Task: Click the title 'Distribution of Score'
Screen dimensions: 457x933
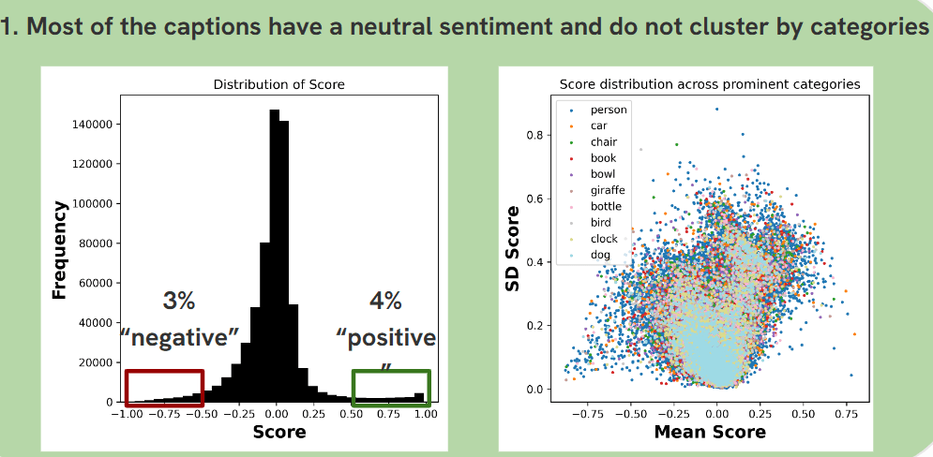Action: tap(279, 84)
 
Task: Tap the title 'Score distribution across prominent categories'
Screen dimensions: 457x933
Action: tap(709, 84)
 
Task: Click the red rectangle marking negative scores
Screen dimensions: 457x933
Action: tap(164, 387)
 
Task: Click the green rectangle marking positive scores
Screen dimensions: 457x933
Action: tap(391, 387)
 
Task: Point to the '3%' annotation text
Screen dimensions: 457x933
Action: tap(179, 301)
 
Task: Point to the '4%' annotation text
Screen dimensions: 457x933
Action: tap(385, 301)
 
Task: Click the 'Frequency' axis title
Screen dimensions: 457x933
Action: tap(59, 248)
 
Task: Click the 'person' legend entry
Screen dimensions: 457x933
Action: tap(609, 110)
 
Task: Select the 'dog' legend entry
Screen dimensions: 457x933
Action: tap(600, 255)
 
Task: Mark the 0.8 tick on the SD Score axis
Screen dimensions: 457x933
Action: tap(535, 135)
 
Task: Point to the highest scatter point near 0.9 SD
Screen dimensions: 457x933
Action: tap(717, 109)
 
